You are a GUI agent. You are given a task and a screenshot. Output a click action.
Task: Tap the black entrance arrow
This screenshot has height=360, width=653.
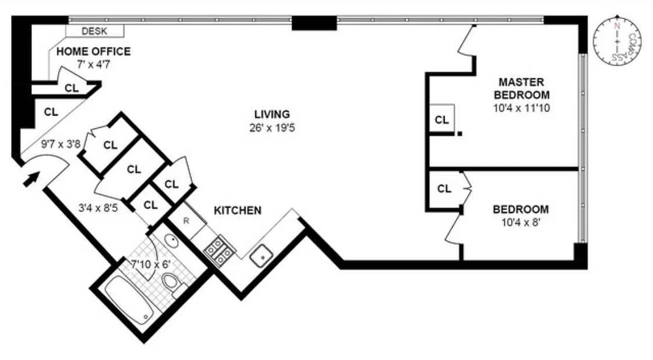click(30, 180)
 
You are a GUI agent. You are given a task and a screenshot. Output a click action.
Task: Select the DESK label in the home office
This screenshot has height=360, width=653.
click(94, 31)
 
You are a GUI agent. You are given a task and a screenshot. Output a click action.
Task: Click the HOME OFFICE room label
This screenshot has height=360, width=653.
click(93, 52)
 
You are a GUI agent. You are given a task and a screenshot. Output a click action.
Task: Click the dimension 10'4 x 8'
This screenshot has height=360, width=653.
click(521, 223)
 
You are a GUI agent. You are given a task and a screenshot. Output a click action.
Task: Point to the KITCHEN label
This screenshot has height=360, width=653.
click(237, 211)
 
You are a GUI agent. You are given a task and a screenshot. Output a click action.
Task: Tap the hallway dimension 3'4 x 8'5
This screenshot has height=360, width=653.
click(98, 209)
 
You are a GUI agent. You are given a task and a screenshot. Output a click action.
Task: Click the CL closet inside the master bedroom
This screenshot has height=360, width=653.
click(442, 120)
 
